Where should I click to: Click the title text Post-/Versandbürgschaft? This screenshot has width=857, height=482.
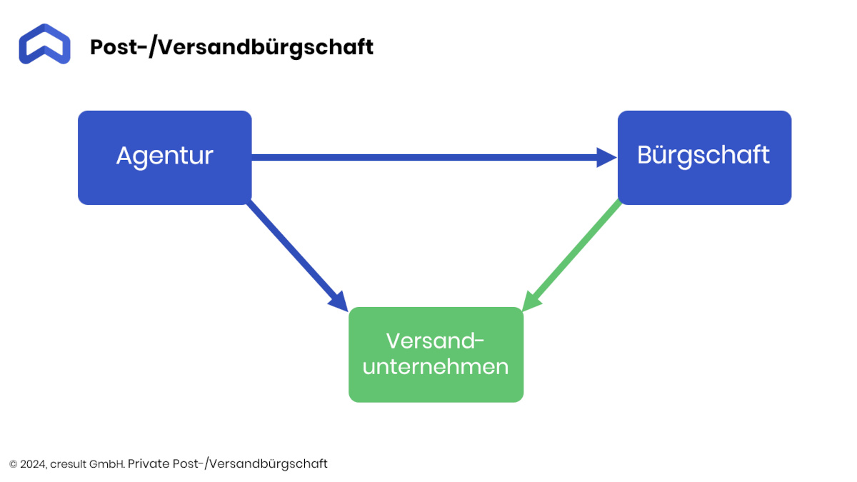pyautogui.click(x=231, y=47)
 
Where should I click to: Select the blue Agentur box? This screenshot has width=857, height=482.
pyautogui.click(x=165, y=158)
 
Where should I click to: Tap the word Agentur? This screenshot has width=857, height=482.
pyautogui.click(x=165, y=156)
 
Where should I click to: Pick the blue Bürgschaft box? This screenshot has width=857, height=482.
pyautogui.click(x=704, y=158)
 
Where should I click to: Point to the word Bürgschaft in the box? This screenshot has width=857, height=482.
pyautogui.click(x=703, y=156)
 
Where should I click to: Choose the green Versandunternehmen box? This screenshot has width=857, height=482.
pyautogui.click(x=436, y=355)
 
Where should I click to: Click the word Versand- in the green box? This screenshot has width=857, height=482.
pyautogui.click(x=436, y=341)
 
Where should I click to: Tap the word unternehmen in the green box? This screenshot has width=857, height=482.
pyautogui.click(x=436, y=367)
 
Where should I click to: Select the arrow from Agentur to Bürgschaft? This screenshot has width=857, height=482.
pyautogui.click(x=434, y=158)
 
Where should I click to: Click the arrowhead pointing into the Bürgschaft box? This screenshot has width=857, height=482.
pyautogui.click(x=607, y=158)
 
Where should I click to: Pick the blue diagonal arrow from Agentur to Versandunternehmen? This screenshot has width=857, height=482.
pyautogui.click(x=298, y=256)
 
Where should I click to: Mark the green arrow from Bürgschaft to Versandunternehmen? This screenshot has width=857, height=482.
pyautogui.click(x=571, y=255)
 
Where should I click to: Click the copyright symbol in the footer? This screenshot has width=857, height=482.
pyautogui.click(x=13, y=464)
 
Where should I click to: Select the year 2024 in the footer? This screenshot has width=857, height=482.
pyautogui.click(x=34, y=464)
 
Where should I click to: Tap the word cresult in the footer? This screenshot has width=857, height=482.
pyautogui.click(x=68, y=464)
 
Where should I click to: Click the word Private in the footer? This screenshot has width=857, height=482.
pyautogui.click(x=149, y=464)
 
